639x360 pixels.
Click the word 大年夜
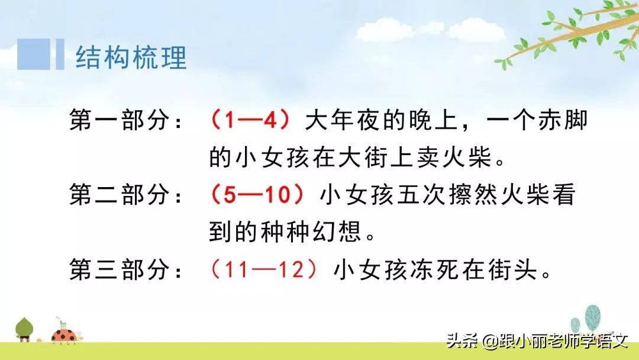pos(341,121)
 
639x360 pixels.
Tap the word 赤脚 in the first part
pos(560,121)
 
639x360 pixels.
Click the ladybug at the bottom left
pos(63,336)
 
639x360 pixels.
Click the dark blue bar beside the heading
pos(60,54)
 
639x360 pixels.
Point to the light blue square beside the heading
pos(34,54)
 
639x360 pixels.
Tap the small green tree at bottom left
pos(24,329)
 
